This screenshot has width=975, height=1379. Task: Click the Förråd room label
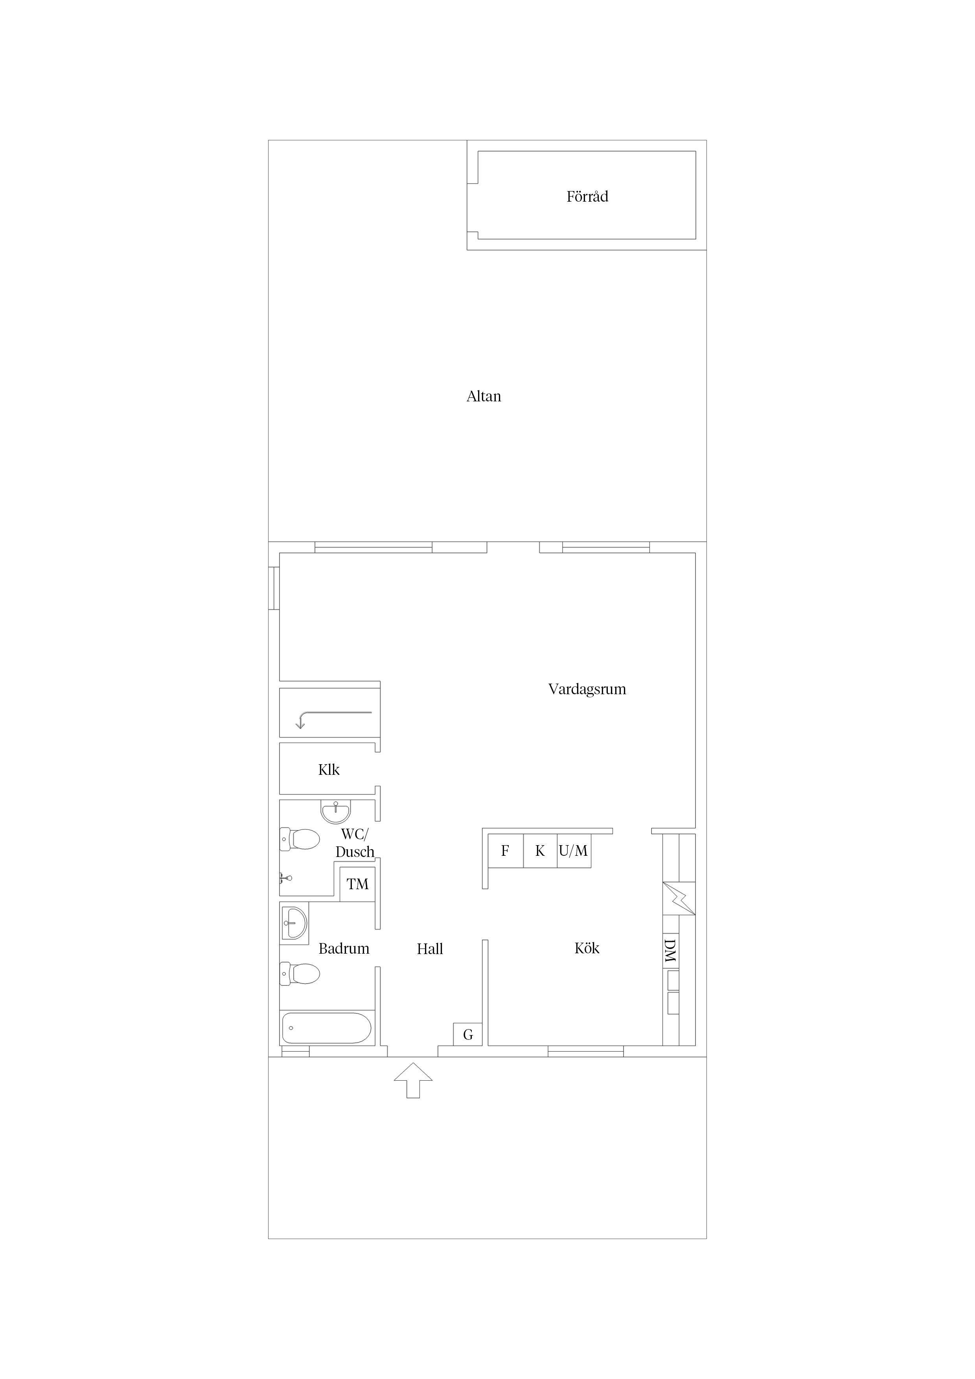click(x=587, y=197)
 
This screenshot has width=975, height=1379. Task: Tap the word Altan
click(x=484, y=396)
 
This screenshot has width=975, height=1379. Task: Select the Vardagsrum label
click(x=587, y=689)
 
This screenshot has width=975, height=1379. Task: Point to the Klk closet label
click(x=329, y=769)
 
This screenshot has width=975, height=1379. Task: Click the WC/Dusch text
click(x=355, y=843)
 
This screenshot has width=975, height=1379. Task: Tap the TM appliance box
click(x=357, y=884)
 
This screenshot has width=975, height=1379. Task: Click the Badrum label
click(x=344, y=949)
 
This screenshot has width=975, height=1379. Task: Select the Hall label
click(x=430, y=949)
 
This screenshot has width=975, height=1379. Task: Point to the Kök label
click(x=587, y=948)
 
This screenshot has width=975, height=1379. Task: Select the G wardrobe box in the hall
click(x=468, y=1034)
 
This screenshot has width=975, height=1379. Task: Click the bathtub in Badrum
click(x=327, y=1028)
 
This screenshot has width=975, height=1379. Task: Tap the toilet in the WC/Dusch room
click(x=300, y=839)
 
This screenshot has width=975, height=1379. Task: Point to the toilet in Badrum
click(x=300, y=974)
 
